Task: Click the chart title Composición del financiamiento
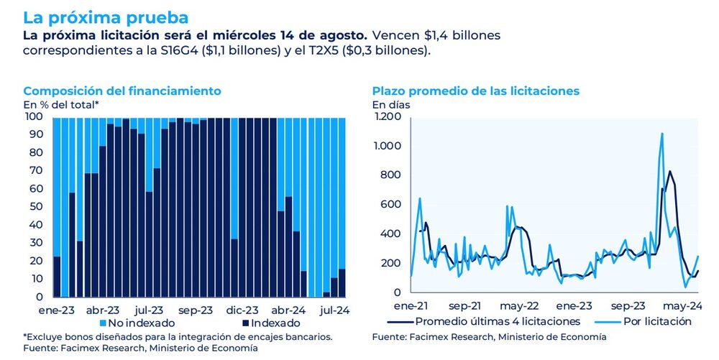click(122, 91)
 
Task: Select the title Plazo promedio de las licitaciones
click(475, 91)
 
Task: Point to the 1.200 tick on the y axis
click(387, 116)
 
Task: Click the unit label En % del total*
click(61, 105)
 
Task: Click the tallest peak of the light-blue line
click(661, 134)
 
